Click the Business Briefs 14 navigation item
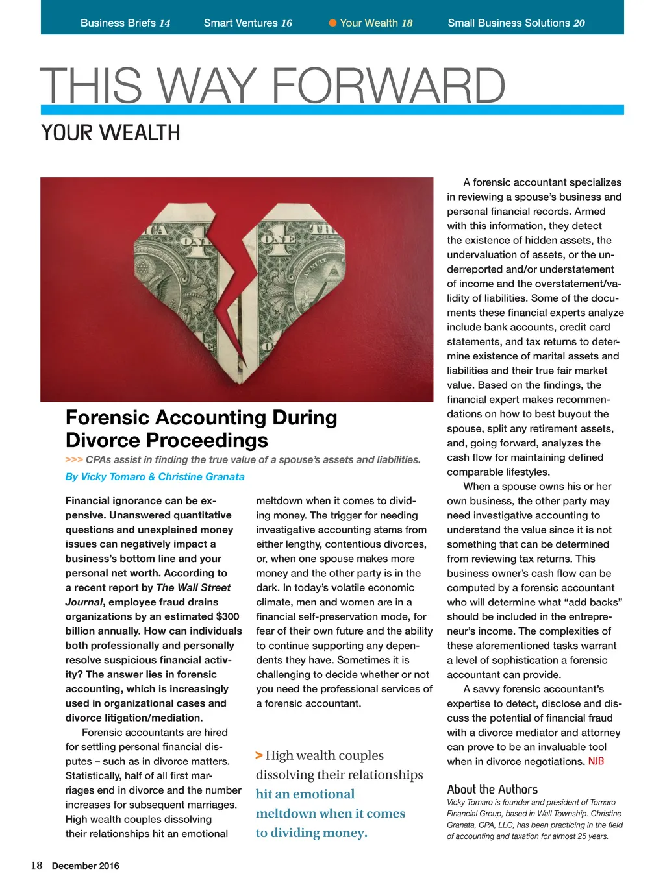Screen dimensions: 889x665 tap(125, 23)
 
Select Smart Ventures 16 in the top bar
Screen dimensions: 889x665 tap(247, 23)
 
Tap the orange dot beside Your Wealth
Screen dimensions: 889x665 tap(332, 23)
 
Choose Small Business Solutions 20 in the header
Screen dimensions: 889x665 tap(516, 23)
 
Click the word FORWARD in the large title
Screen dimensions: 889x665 tap(388, 86)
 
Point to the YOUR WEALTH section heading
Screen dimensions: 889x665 tap(110, 132)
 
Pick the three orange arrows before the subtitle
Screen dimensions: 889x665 tap(73, 459)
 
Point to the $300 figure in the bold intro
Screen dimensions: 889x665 tap(227, 616)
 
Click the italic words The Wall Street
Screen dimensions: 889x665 tap(194, 587)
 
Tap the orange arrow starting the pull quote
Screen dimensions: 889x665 tap(259, 755)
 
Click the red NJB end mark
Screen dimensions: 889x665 tap(596, 761)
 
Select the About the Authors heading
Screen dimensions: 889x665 tap(492, 789)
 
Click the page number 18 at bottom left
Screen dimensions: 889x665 tap(36, 866)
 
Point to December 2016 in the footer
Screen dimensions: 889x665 tap(86, 866)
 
